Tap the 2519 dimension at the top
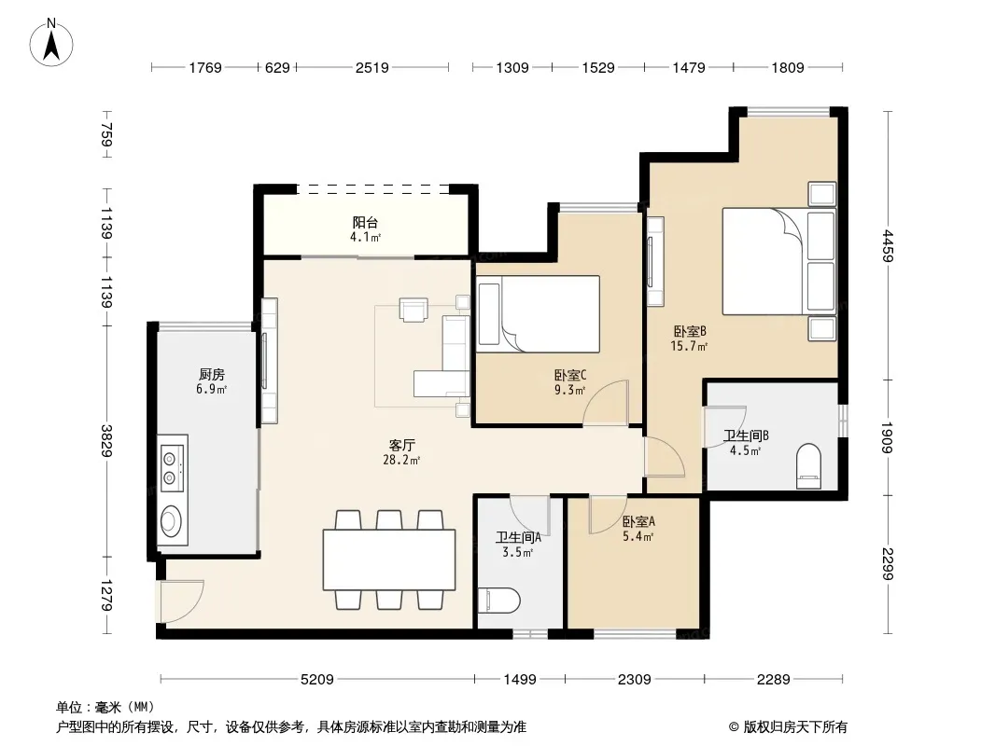click(x=371, y=67)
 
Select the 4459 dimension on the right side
click(x=888, y=246)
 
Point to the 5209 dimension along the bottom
click(x=316, y=680)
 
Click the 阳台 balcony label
click(x=366, y=223)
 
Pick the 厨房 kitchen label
click(x=211, y=375)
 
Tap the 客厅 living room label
click(x=401, y=446)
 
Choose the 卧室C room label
click(x=570, y=376)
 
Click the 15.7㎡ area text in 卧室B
click(x=689, y=346)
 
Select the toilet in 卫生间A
click(x=499, y=600)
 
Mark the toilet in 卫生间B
click(x=808, y=466)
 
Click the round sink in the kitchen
click(x=170, y=521)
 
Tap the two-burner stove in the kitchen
click(x=172, y=468)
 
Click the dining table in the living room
click(x=389, y=559)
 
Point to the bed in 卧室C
click(x=539, y=313)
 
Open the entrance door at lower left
click(x=181, y=601)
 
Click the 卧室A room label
click(x=638, y=521)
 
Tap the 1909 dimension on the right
click(x=888, y=437)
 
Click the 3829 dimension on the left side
click(x=106, y=440)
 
